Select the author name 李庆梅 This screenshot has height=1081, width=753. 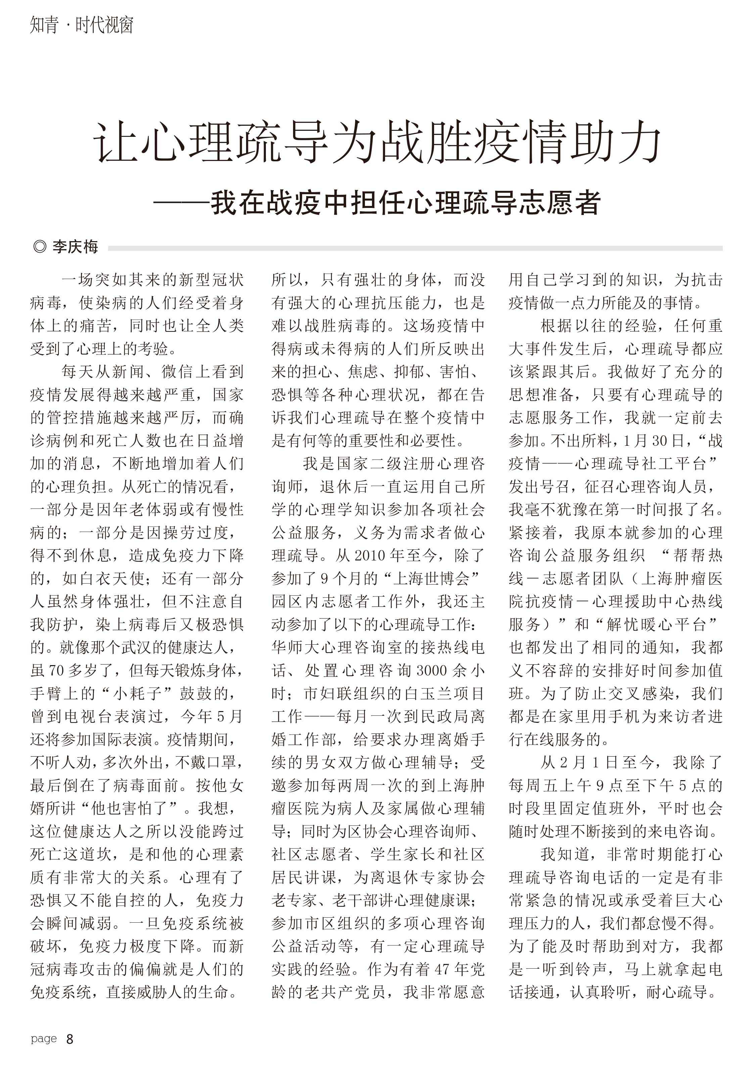(76, 247)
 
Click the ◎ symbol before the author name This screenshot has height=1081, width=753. (40, 247)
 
